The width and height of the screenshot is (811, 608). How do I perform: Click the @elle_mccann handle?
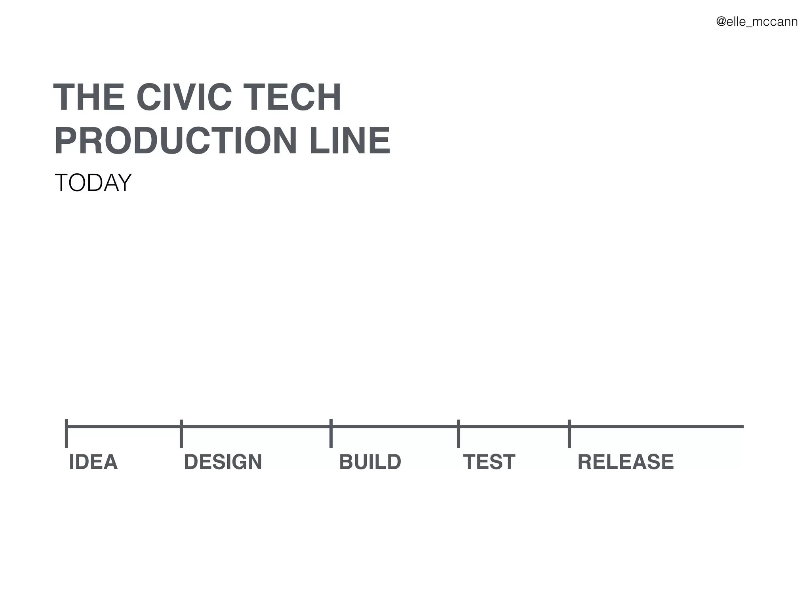tap(757, 21)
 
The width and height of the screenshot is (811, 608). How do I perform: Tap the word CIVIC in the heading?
tap(184, 97)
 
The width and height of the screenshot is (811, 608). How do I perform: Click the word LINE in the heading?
tap(350, 141)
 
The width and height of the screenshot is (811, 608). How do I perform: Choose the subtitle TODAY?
tap(93, 183)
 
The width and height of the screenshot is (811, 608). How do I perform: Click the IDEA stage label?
tap(93, 462)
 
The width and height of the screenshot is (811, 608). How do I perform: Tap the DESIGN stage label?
tap(223, 462)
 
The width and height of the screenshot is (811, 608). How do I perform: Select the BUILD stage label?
tap(370, 462)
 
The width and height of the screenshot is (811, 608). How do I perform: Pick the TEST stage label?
tap(489, 462)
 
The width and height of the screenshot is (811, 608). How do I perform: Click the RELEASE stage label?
tap(626, 462)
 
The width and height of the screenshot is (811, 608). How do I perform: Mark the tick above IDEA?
tap(67, 433)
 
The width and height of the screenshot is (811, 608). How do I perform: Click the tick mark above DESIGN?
tap(181, 434)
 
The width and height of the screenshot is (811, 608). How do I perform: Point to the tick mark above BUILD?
tap(331, 433)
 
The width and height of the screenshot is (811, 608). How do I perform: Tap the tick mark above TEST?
tap(458, 434)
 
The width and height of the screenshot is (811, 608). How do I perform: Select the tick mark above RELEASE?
tap(569, 434)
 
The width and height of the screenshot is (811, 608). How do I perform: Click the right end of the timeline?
tap(742, 427)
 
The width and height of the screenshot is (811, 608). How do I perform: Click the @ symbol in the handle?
tap(721, 21)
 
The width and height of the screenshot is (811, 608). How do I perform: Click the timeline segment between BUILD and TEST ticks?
tap(394, 427)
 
